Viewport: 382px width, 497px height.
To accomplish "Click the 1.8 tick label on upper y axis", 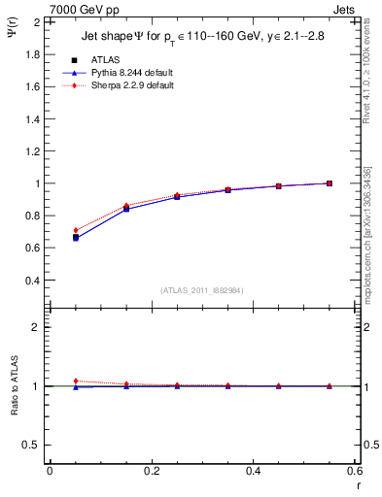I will pos(32,54).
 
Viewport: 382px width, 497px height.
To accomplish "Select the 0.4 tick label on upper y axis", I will pos(32,281).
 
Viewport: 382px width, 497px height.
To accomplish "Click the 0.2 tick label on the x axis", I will pos(151,471).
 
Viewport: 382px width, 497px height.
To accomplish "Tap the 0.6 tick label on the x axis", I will pos(354,471).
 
